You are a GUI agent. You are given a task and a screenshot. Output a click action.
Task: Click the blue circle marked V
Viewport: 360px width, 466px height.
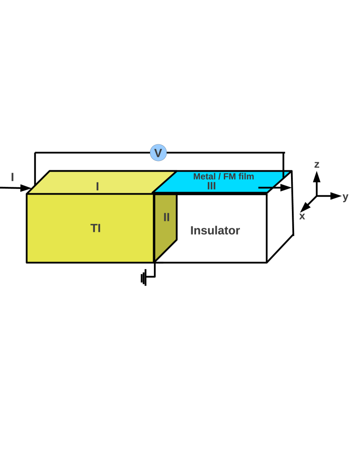pos(158,153)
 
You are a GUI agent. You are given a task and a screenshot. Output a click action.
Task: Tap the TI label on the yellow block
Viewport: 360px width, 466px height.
pos(95,228)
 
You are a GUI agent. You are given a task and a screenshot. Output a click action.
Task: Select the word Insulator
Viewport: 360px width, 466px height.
pos(215,230)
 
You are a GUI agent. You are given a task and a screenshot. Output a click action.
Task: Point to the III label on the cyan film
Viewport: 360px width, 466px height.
pos(211,186)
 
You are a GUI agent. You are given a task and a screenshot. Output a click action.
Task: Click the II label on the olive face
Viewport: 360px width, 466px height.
pos(167,217)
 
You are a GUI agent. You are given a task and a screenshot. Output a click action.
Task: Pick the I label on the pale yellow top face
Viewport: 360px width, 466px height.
pos(98,186)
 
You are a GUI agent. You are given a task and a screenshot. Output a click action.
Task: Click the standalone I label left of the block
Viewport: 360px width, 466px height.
pos(12,177)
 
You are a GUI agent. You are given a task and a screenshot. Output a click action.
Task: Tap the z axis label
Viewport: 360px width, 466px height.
pos(317,165)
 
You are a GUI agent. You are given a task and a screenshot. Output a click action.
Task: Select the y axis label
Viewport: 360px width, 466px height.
pos(345,197)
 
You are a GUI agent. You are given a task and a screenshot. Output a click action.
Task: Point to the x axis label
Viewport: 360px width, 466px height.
pos(302,216)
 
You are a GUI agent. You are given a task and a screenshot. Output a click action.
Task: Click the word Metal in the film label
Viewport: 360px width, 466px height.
pos(204,176)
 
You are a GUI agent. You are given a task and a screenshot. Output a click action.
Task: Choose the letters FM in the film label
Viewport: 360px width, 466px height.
pos(229,176)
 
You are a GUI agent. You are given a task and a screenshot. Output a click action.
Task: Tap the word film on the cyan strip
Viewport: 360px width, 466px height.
pos(246,176)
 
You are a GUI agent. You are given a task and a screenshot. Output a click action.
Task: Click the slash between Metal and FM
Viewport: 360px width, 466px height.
pos(219,176)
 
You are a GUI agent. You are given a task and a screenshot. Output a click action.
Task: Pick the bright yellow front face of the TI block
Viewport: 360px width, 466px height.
pos(65,243)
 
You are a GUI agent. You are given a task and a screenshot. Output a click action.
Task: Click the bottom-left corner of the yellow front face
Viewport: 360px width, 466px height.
pos(28,261)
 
